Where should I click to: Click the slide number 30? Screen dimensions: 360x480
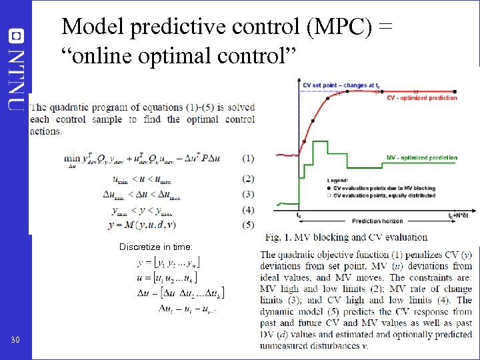pyautogui.click(x=15, y=341)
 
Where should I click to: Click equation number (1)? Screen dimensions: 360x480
pyautogui.click(x=247, y=159)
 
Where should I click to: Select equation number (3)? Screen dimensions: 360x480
pyautogui.click(x=247, y=195)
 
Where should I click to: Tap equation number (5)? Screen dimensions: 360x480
pyautogui.click(x=247, y=225)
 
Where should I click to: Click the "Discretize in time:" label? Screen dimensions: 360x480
pyautogui.click(x=156, y=247)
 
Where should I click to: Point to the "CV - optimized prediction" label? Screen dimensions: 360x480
pyautogui.click(x=422, y=98)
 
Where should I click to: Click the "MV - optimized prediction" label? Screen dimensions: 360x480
pyautogui.click(x=422, y=158)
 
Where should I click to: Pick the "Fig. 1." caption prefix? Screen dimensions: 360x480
pyautogui.click(x=279, y=237)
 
